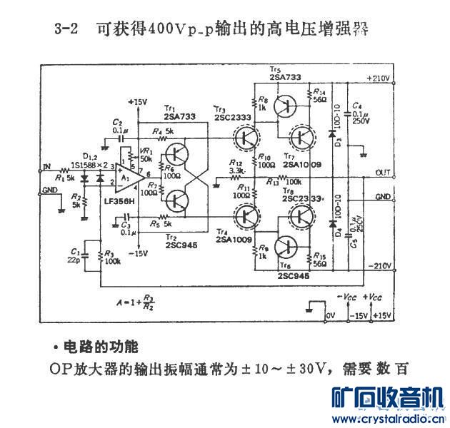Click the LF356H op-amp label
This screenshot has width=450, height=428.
119,201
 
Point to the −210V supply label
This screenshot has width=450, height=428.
379,265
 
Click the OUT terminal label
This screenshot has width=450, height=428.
384,173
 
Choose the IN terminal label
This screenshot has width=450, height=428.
48,167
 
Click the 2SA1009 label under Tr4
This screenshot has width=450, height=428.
230,241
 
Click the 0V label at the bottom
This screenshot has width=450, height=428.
330,314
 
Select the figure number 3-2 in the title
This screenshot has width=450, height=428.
66,30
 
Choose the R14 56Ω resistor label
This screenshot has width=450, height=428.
318,96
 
